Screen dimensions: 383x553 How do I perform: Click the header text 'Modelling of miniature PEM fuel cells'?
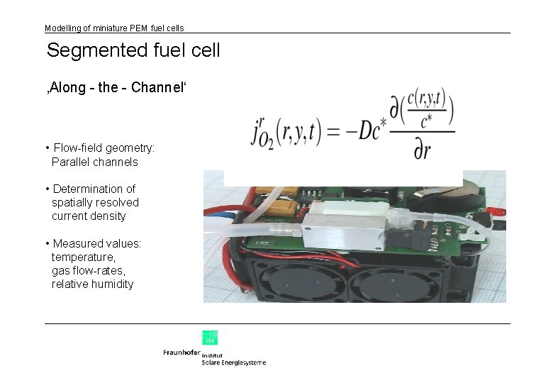(x=114, y=28)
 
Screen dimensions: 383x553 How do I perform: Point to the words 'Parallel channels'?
(x=94, y=162)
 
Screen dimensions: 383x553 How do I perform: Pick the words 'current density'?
(x=89, y=216)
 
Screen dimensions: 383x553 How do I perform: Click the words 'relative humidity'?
(x=92, y=284)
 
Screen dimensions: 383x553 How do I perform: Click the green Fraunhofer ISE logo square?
(x=210, y=337)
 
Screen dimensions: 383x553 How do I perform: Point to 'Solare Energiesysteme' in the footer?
(x=234, y=362)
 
